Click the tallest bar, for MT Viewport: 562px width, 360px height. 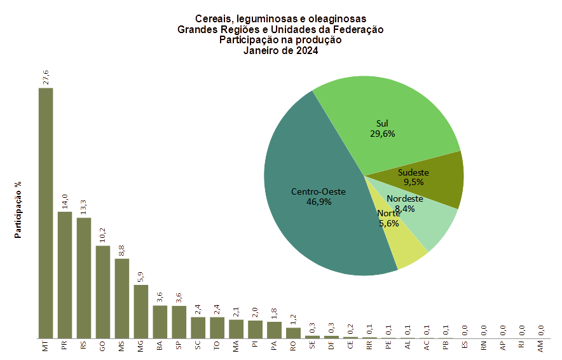click(45, 212)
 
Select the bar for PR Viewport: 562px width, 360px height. click(64, 274)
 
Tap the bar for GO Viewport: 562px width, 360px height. click(102, 291)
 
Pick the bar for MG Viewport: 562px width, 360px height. click(140, 311)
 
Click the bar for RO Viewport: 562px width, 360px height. click(293, 332)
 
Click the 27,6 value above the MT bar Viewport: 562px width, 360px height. click(46, 77)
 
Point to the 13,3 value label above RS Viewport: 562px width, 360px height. click(84, 207)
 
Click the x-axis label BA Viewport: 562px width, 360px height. click(160, 347)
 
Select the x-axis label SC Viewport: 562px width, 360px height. click(198, 347)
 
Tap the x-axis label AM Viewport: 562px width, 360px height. click(541, 347)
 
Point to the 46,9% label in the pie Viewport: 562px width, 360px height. click(320, 202)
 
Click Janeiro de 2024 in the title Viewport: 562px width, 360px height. click(280, 52)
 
